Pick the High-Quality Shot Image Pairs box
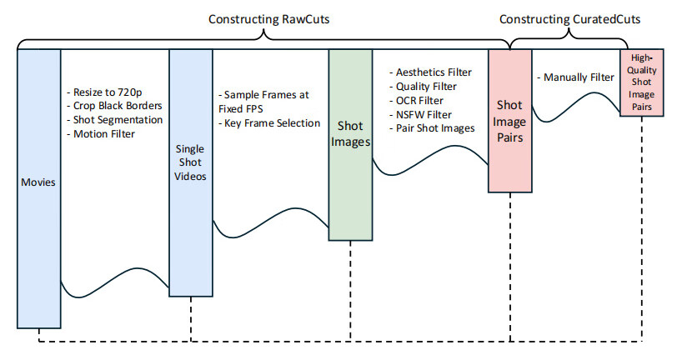click(x=642, y=83)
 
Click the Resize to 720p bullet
click(x=106, y=91)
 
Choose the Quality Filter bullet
click(x=428, y=87)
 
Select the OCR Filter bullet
click(x=422, y=101)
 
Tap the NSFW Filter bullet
click(x=425, y=114)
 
